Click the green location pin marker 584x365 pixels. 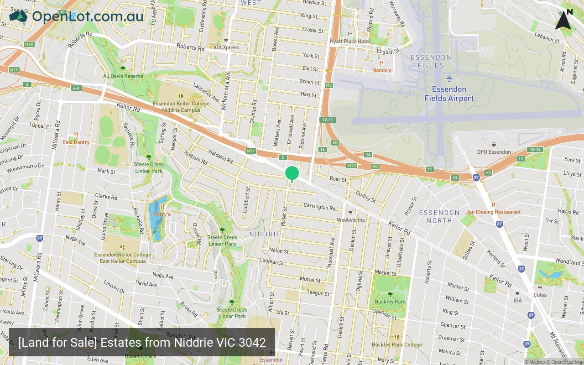click(292, 173)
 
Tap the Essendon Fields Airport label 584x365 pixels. click(449, 94)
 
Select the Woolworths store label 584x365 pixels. click(351, 219)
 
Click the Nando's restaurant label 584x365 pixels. click(382, 70)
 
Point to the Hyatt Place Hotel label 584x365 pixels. click(350, 41)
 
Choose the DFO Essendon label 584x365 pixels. click(494, 151)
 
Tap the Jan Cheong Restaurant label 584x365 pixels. click(493, 212)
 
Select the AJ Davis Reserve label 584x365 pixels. click(123, 76)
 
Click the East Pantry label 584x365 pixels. click(76, 142)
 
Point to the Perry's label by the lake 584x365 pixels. click(162, 214)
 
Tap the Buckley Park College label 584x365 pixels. click(397, 344)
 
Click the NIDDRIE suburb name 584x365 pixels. click(265, 234)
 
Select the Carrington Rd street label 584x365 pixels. click(319, 207)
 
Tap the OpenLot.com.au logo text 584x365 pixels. click(88, 16)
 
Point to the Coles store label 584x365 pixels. click(540, 294)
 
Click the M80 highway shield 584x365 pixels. click(29, 44)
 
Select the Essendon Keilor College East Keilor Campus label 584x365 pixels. click(123, 258)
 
